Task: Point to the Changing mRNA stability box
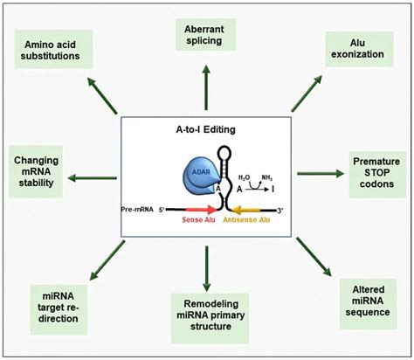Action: [43, 171]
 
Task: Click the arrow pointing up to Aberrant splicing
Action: [207, 87]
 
